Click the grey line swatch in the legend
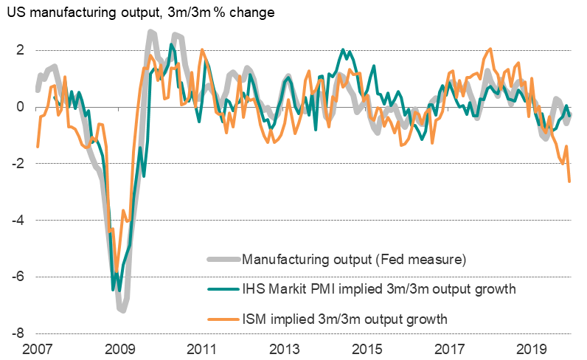click(x=221, y=259)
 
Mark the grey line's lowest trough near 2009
click(x=122, y=311)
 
